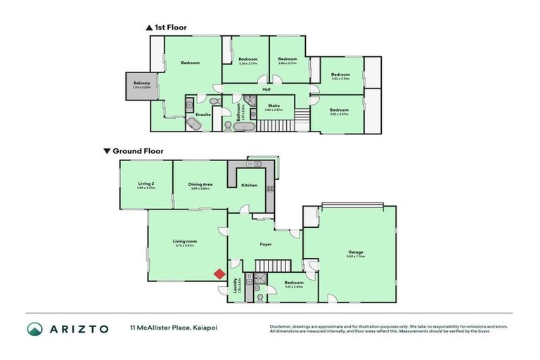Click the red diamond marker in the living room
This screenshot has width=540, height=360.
click(219, 274)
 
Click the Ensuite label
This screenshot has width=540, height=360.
click(202, 114)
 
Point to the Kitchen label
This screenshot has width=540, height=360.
click(250, 185)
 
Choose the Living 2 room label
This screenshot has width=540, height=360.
click(146, 184)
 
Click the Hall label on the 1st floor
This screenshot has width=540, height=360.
click(266, 89)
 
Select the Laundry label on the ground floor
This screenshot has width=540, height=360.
click(235, 289)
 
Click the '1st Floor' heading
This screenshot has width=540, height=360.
click(168, 28)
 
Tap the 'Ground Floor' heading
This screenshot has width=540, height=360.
click(138, 150)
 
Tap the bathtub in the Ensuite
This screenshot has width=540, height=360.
click(193, 125)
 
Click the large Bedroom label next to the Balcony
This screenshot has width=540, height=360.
click(190, 63)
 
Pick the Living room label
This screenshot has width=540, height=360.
click(185, 241)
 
